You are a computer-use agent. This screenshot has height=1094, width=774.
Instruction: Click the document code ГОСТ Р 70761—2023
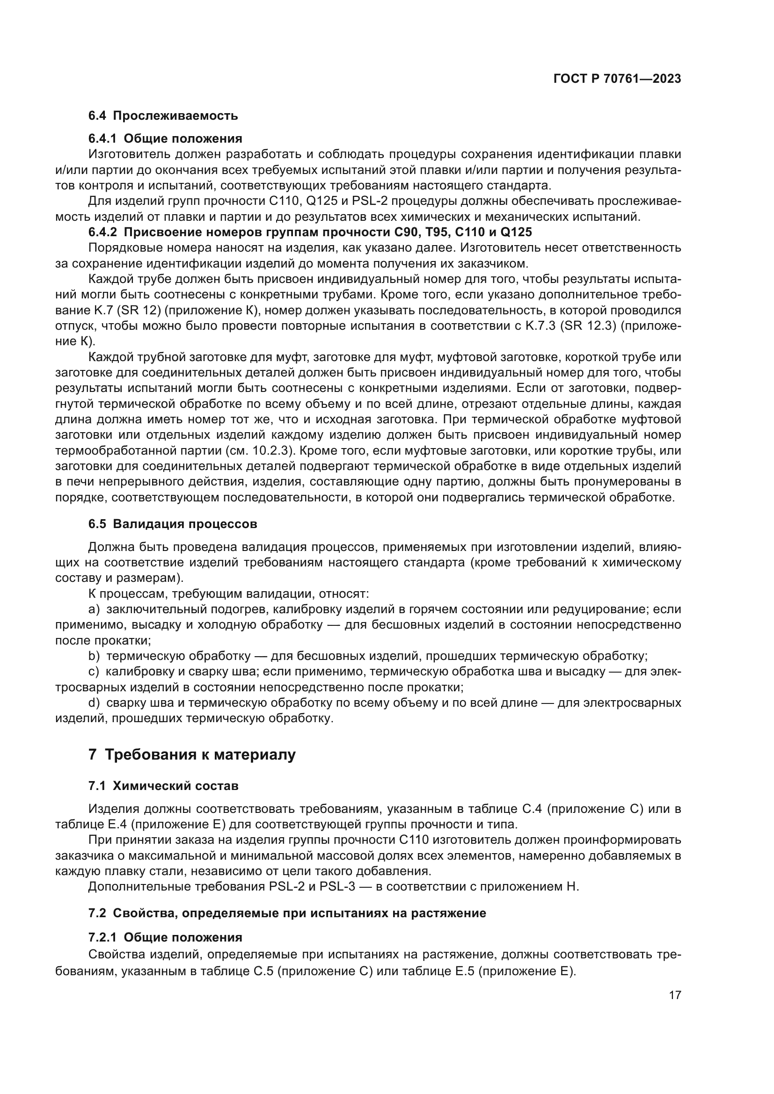click(617, 79)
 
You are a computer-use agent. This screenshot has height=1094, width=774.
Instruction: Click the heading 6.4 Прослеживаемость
click(163, 116)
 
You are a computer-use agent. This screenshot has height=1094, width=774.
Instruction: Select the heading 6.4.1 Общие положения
click(165, 138)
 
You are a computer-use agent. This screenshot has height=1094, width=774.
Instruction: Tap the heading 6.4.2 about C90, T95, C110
click(310, 232)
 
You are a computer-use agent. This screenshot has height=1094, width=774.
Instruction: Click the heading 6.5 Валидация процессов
click(173, 524)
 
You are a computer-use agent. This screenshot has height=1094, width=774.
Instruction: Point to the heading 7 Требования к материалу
click(191, 755)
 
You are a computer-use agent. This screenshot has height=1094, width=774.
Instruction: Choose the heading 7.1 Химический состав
click(163, 786)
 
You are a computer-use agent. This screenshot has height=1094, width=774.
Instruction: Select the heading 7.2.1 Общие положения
click(165, 937)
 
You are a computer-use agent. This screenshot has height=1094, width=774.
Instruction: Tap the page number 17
click(675, 995)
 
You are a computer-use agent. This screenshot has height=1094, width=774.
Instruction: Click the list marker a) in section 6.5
click(94, 609)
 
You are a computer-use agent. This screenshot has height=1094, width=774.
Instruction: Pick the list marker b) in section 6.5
click(94, 656)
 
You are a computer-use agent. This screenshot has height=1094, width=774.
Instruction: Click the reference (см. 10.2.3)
click(262, 451)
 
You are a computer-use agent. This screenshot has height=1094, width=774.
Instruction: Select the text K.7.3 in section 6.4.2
click(539, 326)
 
